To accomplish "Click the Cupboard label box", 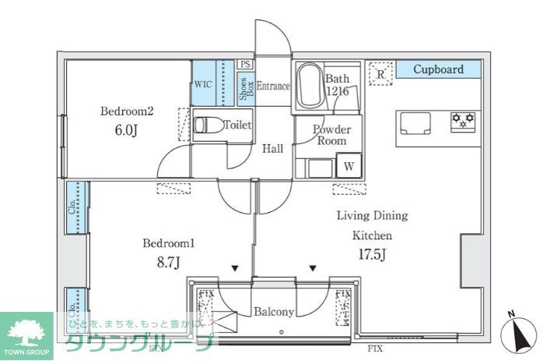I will pyautogui.click(x=438, y=69).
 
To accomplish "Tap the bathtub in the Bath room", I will pyautogui.click(x=308, y=86).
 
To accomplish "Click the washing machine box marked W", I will pyautogui.click(x=348, y=166).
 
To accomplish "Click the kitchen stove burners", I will pyautogui.click(x=464, y=122).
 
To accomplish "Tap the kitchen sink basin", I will pyautogui.click(x=415, y=122).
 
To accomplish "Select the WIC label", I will pyautogui.click(x=203, y=84).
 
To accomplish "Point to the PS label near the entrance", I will pyautogui.click(x=245, y=65).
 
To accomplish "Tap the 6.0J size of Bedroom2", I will pyautogui.click(x=125, y=129).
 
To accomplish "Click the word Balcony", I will pyautogui.click(x=274, y=312).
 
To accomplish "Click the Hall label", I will pyautogui.click(x=272, y=149).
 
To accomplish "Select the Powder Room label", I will pyautogui.click(x=331, y=135).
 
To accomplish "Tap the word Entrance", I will pyautogui.click(x=273, y=86).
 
